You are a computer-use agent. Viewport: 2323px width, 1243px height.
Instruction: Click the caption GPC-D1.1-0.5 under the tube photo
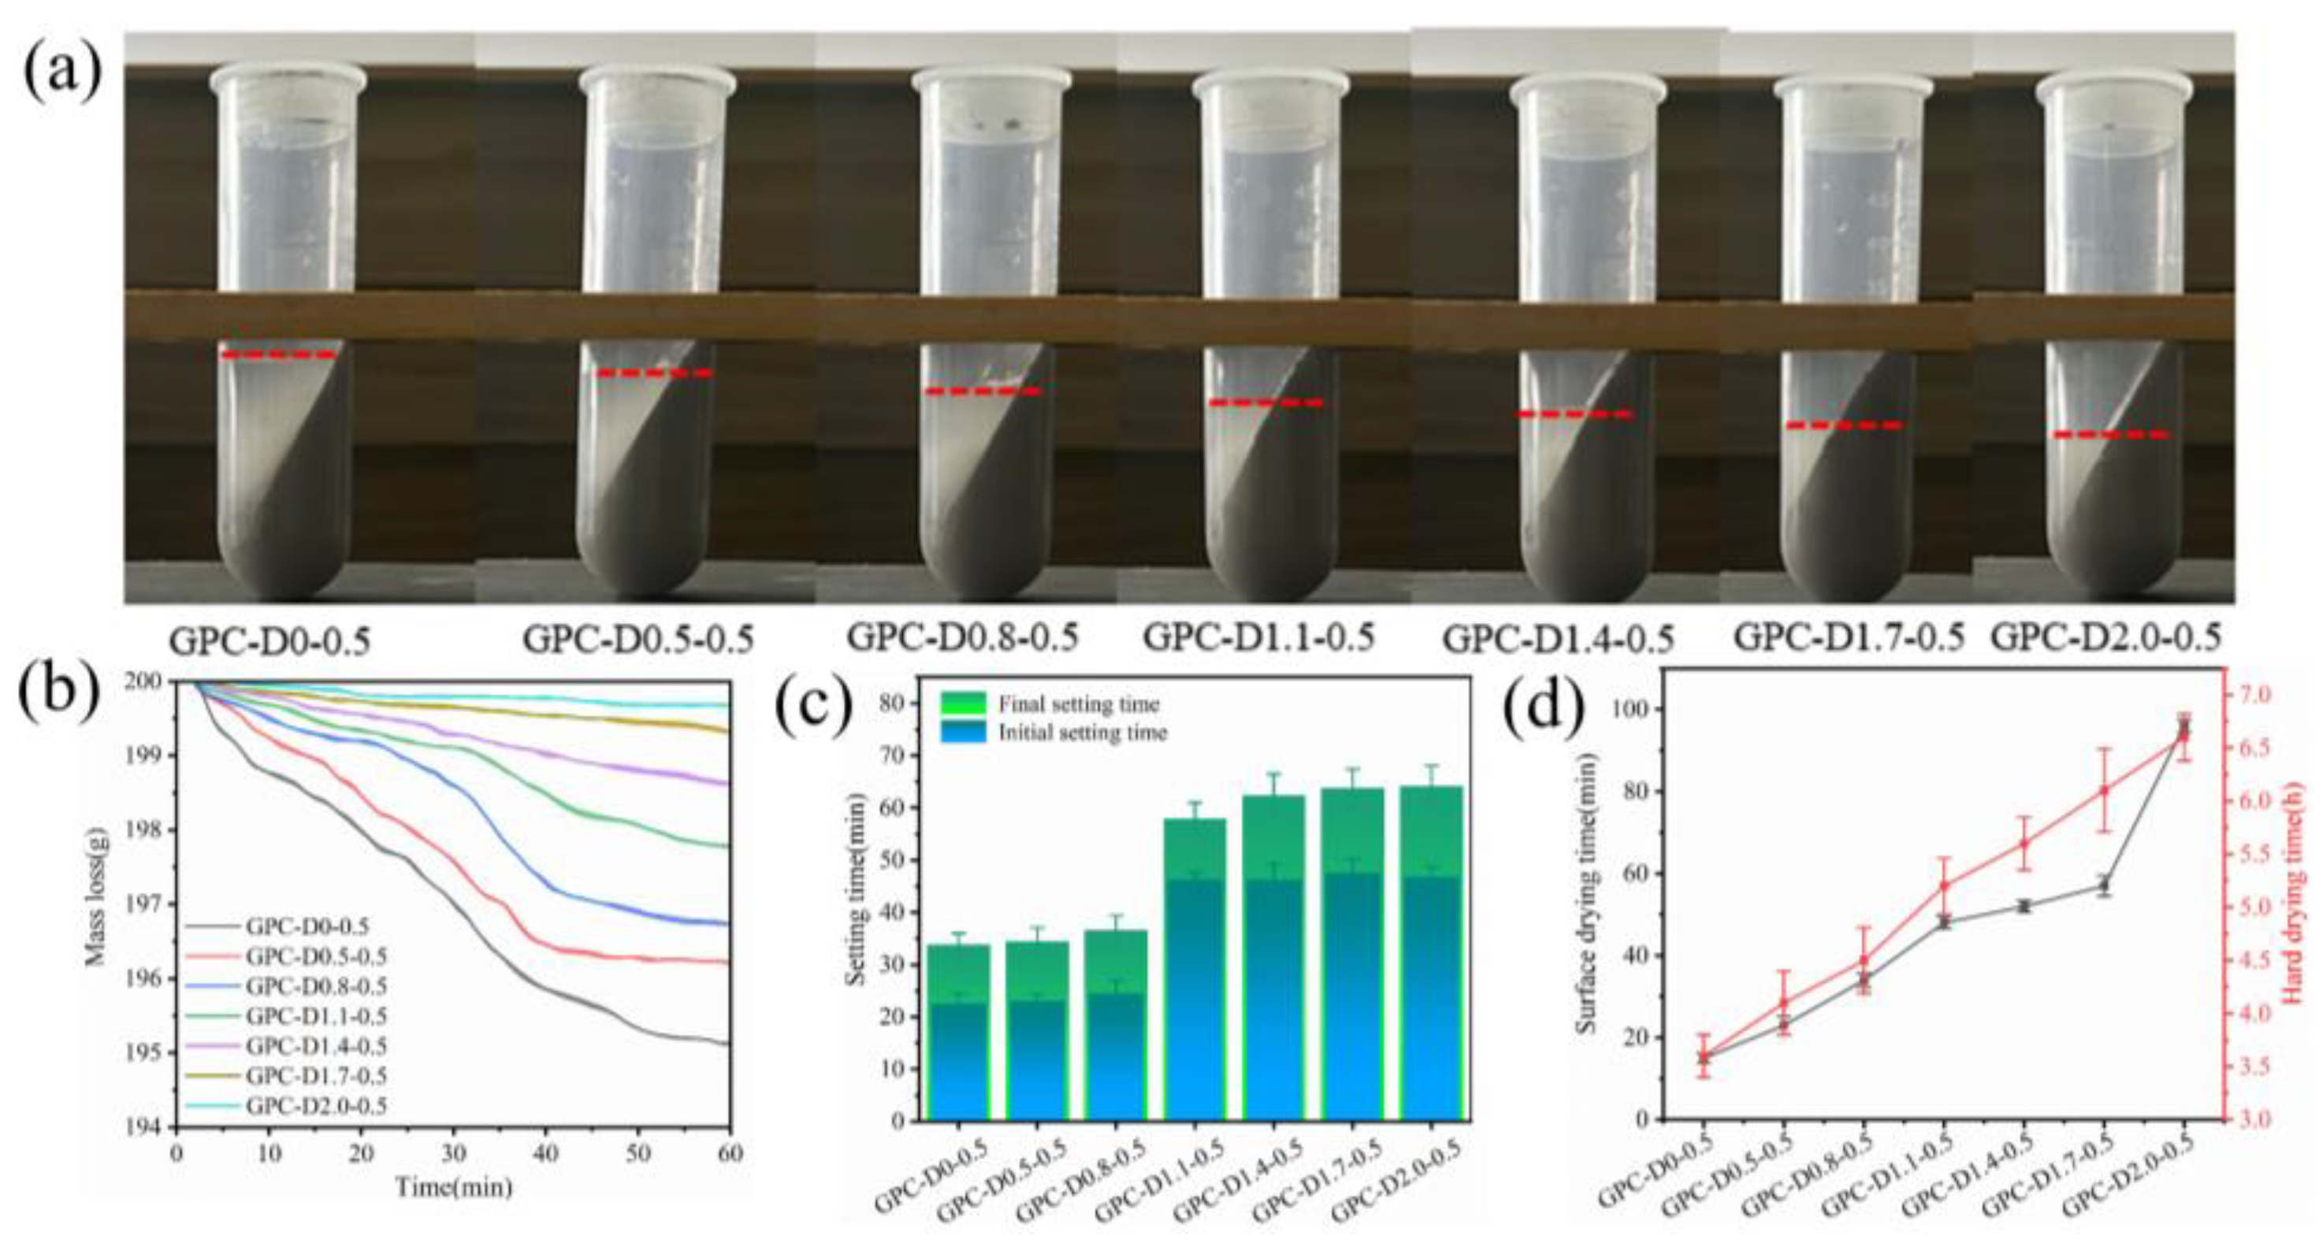[x=1259, y=638]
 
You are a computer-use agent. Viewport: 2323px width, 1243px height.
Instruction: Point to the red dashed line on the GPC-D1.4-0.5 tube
[x=1574, y=414]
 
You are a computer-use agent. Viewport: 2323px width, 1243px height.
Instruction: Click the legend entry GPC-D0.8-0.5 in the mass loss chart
[x=316, y=986]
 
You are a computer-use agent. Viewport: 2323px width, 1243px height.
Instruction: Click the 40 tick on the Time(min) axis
[x=545, y=1153]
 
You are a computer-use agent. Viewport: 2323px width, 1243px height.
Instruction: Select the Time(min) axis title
[x=454, y=1187]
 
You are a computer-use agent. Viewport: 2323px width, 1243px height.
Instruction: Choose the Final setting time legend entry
[x=1078, y=704]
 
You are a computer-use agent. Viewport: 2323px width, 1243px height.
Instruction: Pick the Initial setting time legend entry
[x=1082, y=733]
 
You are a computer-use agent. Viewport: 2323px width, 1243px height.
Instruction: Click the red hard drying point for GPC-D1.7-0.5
[x=2104, y=791]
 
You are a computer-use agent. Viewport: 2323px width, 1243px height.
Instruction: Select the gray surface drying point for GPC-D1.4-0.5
[x=2024, y=906]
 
